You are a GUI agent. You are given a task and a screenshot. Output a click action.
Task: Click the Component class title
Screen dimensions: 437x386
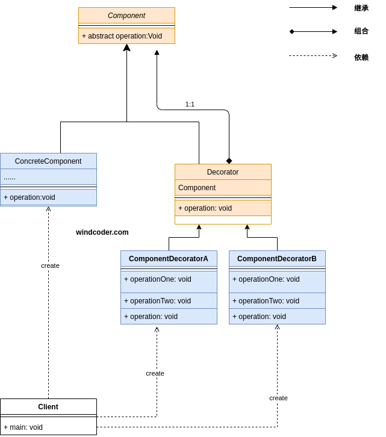126,16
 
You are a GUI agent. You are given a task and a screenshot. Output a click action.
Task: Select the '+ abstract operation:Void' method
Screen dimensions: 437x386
122,36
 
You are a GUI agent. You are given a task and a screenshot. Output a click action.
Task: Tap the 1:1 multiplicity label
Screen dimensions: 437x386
190,104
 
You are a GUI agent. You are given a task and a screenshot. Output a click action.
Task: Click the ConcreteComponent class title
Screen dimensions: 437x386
48,161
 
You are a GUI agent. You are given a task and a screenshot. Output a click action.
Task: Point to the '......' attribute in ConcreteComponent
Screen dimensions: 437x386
10,177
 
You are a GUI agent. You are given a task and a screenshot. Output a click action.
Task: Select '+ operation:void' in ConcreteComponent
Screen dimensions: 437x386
30,197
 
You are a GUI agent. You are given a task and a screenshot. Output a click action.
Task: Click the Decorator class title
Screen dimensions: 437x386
223,172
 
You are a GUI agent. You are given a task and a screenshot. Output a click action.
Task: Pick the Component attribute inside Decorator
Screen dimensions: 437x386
197,188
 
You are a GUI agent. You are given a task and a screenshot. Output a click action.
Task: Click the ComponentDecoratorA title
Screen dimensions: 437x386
169,259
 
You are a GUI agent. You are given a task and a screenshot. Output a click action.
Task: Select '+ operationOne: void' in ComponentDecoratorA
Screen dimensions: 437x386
158,279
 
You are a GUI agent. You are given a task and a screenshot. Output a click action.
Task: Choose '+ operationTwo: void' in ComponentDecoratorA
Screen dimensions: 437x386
158,301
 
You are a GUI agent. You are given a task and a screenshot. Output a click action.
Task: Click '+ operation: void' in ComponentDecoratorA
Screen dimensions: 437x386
151,317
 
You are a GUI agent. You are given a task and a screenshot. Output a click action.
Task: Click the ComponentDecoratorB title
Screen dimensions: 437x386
277,259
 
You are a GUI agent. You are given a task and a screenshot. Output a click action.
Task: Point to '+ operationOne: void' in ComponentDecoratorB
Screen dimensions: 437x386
266,279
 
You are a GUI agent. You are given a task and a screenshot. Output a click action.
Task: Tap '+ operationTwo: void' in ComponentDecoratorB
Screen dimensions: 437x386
266,301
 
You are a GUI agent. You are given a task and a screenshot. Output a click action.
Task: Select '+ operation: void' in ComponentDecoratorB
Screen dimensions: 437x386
260,317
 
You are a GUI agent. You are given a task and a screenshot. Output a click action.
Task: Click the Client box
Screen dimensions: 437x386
48,407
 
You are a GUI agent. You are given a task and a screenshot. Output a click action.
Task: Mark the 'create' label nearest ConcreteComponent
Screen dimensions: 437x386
50,265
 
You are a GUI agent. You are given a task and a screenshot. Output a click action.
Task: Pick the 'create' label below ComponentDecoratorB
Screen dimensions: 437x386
278,398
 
